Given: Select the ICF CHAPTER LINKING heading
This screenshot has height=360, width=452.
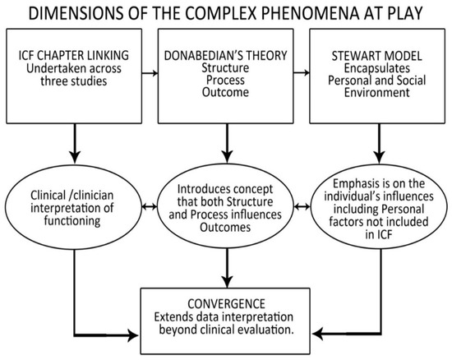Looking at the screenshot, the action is (x=74, y=55).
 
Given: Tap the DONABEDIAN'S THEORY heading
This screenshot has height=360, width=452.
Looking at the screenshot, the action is (x=225, y=55).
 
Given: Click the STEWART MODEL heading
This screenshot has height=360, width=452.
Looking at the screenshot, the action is (x=376, y=56).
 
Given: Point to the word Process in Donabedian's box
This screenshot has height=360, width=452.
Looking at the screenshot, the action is (x=225, y=80).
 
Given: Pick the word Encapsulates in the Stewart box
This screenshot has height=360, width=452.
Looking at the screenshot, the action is (x=376, y=68).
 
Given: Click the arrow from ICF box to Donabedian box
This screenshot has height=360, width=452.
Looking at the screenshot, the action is (x=150, y=73).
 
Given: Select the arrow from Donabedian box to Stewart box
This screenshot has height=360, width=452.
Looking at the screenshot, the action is (x=302, y=72).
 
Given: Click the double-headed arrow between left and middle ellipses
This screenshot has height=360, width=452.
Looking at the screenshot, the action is (x=150, y=206).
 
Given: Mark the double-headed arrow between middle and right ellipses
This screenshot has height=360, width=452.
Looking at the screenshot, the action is (x=302, y=206).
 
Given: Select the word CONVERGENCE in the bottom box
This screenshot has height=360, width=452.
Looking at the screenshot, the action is (x=226, y=304).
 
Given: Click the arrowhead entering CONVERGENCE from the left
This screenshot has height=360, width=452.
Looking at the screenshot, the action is (x=134, y=335).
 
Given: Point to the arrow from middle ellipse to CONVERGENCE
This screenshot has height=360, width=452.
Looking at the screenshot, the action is (x=228, y=268).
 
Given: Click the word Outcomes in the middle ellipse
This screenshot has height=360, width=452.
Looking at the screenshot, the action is (x=225, y=227).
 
